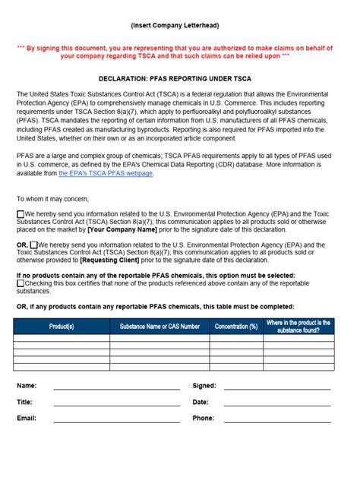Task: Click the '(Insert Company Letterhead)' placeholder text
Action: tap(180, 26)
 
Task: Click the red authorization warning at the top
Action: tap(180, 51)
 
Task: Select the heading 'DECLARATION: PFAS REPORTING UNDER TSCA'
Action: tap(180, 78)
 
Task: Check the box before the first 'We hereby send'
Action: tap(21, 214)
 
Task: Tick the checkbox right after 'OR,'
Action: tap(34, 245)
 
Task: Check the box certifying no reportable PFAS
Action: tap(21, 283)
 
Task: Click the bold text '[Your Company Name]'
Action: tap(122, 229)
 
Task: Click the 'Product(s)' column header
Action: tap(62, 326)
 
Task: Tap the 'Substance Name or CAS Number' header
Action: tap(159, 326)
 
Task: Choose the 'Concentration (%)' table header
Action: tap(235, 326)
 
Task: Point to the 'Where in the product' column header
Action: tap(298, 326)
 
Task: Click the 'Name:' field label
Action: tap(27, 386)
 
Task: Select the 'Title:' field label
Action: tap(25, 402)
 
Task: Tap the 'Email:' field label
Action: tap(27, 418)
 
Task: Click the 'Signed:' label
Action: tap(204, 386)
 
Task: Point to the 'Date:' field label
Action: tap(201, 402)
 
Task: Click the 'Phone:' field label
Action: tap(204, 418)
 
